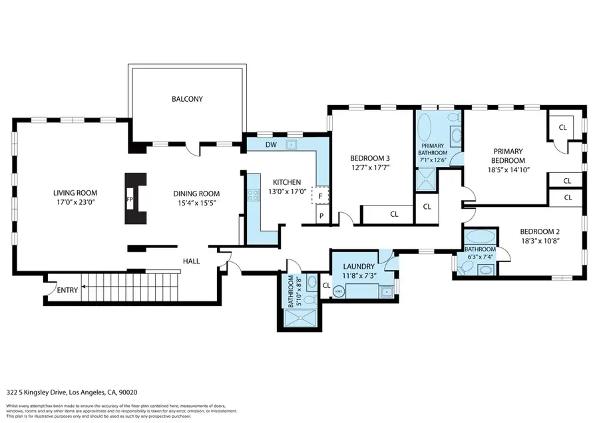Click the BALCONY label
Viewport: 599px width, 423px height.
[187, 99]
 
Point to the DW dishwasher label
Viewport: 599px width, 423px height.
[271, 144]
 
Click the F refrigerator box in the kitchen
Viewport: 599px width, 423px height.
[321, 196]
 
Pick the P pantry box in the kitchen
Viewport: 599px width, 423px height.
[321, 216]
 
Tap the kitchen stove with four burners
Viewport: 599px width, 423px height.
[253, 196]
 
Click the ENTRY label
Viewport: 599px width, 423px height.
[67, 290]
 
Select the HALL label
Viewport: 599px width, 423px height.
[191, 261]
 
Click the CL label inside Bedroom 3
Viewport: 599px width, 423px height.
[393, 214]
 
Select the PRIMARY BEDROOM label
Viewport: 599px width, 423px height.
[509, 156]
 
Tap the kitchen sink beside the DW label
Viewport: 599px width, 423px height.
[291, 144]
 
